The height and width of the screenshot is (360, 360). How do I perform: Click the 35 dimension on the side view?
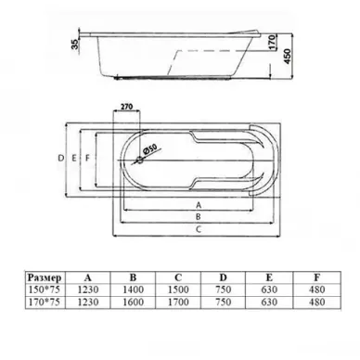[x=75, y=44]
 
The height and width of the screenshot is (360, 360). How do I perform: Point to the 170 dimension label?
[x=271, y=42]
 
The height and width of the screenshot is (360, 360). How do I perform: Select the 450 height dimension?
[x=288, y=56]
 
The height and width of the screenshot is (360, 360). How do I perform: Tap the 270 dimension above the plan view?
[x=127, y=107]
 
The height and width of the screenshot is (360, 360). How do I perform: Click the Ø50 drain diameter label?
[x=150, y=149]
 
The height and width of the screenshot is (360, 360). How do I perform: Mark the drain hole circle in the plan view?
[x=140, y=161]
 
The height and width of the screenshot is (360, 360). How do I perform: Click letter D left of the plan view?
[x=61, y=158]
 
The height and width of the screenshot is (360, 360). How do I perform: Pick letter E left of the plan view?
[x=74, y=158]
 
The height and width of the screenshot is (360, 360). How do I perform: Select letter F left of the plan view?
[x=87, y=158]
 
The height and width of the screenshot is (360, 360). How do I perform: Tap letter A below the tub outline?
[x=199, y=205]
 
